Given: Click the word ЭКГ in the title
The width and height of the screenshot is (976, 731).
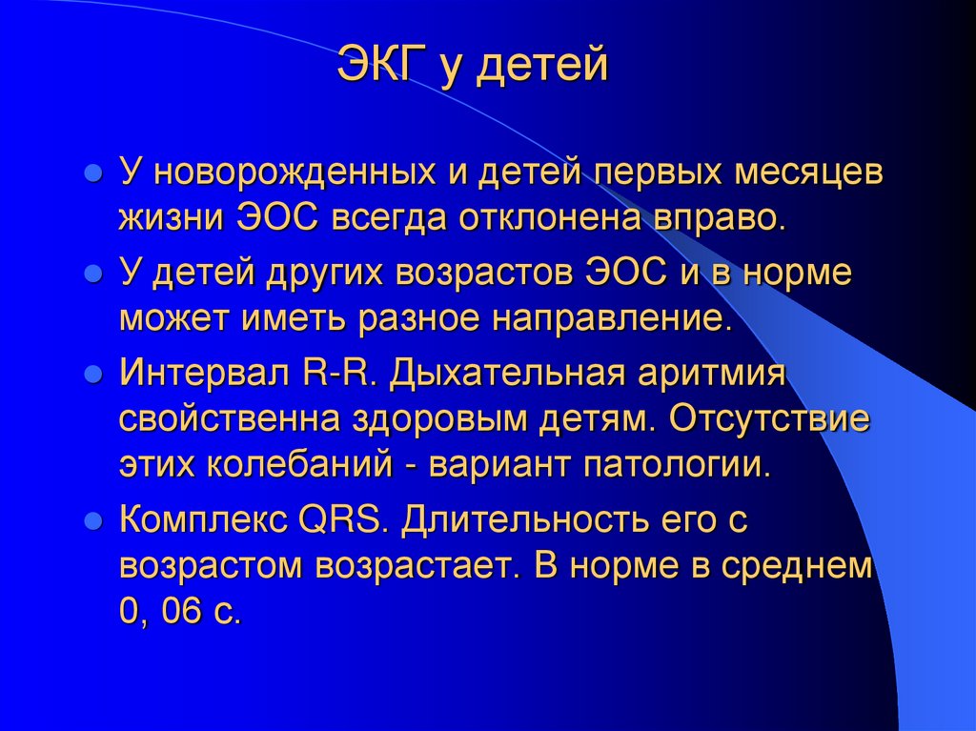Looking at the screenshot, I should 383,69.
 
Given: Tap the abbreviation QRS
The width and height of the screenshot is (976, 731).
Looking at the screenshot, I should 340,521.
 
